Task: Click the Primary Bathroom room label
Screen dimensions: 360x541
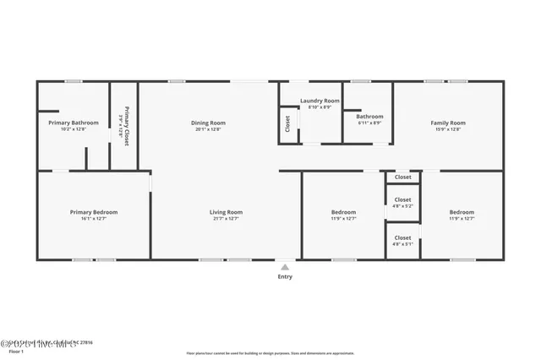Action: [x=73, y=123]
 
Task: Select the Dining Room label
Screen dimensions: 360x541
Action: [x=208, y=123]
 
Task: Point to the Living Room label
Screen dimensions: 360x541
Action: [x=227, y=212]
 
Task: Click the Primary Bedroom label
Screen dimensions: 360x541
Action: [x=94, y=212]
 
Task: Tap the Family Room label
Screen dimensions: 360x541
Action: [x=448, y=123]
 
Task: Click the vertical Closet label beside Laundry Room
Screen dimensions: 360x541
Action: [x=288, y=124]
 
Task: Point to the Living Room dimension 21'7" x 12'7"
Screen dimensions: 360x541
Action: [x=227, y=219]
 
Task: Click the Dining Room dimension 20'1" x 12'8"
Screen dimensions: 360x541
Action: [x=208, y=130]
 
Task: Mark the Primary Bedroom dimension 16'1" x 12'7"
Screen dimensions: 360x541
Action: [x=94, y=219]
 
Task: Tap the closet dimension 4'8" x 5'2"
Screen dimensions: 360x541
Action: [x=403, y=205]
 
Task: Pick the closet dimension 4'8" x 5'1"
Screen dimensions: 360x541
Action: [x=403, y=245]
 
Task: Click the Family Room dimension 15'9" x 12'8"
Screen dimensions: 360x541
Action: [x=448, y=130]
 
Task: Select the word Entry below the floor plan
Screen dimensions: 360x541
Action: [x=285, y=276]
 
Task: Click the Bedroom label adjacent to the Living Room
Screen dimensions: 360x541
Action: [x=343, y=212]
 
